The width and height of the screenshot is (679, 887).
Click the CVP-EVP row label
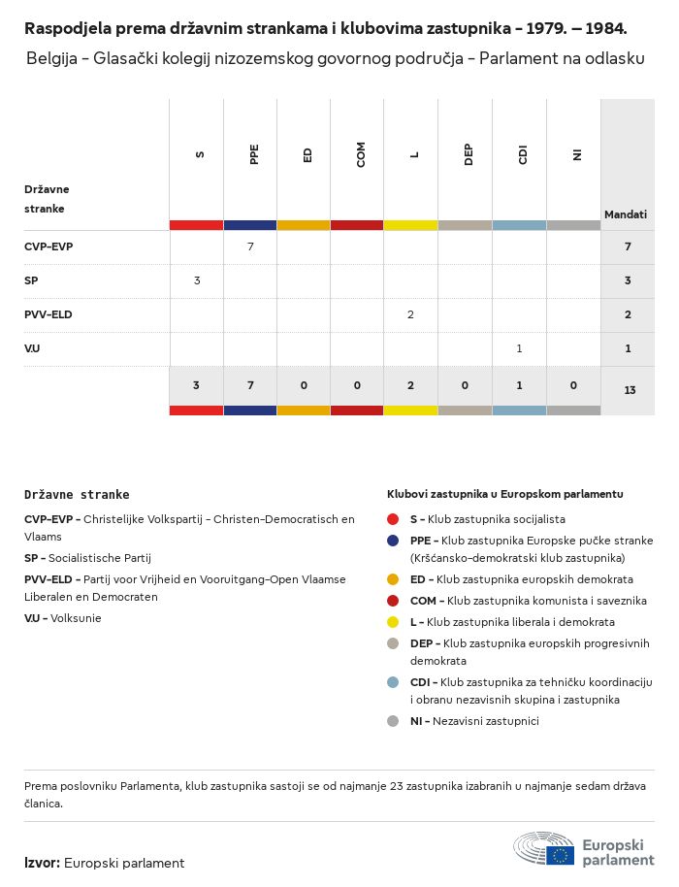click(x=48, y=246)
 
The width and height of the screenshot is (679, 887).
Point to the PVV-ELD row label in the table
click(x=48, y=314)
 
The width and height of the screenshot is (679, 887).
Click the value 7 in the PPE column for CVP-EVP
click(x=250, y=246)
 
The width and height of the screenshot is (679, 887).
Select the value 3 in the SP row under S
click(x=197, y=280)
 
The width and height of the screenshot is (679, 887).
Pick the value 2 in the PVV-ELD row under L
click(x=411, y=314)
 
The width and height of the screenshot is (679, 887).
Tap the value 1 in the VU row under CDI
click(x=519, y=348)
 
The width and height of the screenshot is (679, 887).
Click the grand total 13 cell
click(x=630, y=390)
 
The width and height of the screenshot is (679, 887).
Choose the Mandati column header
click(x=626, y=214)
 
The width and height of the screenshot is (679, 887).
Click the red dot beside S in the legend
click(x=393, y=519)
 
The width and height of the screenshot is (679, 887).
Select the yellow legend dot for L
click(x=393, y=622)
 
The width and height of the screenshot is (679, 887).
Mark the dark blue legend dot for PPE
click(x=393, y=541)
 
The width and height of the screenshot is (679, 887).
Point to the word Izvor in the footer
click(x=43, y=863)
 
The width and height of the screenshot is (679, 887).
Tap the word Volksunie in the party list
click(x=76, y=618)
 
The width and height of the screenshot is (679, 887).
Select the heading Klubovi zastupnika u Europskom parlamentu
click(x=504, y=494)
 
